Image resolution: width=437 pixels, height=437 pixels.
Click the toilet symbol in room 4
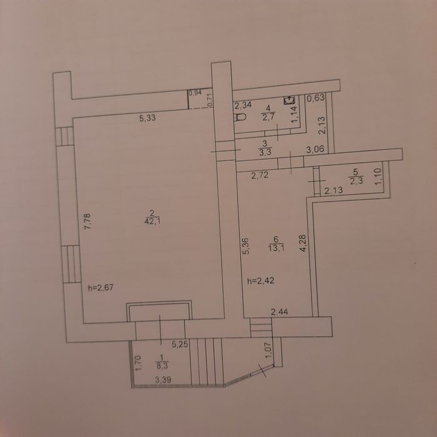pos(240,117)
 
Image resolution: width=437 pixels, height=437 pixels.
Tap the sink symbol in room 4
pos(289,100)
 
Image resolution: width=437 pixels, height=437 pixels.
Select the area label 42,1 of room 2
pos(152,222)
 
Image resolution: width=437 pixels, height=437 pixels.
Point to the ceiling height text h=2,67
pos(101,287)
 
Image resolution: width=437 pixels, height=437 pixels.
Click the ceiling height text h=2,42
pos(260,281)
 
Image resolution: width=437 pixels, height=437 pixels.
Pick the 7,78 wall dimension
pos(88,221)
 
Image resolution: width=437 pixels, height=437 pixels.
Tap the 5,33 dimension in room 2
pos(147,118)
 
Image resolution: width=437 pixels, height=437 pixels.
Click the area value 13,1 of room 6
pos(277,248)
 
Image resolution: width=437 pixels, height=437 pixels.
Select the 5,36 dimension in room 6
pos(246,245)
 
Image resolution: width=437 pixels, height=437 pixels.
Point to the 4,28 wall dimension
pos(303,243)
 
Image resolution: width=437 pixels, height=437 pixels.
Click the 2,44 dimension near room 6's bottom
pos(280,312)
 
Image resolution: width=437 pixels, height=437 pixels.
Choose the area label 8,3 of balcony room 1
pos(162,366)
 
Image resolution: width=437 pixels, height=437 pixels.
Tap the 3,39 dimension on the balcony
pos(163,380)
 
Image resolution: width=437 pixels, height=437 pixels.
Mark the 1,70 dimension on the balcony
pos(139,363)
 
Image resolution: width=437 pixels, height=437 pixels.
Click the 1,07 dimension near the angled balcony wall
pos(268,350)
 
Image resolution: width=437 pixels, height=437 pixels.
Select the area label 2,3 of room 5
pos(356,182)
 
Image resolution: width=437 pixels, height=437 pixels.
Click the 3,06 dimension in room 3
pos(315,150)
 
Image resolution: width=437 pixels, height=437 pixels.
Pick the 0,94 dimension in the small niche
pos(195,93)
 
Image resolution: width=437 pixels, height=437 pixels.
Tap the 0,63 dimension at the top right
pos(316,98)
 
